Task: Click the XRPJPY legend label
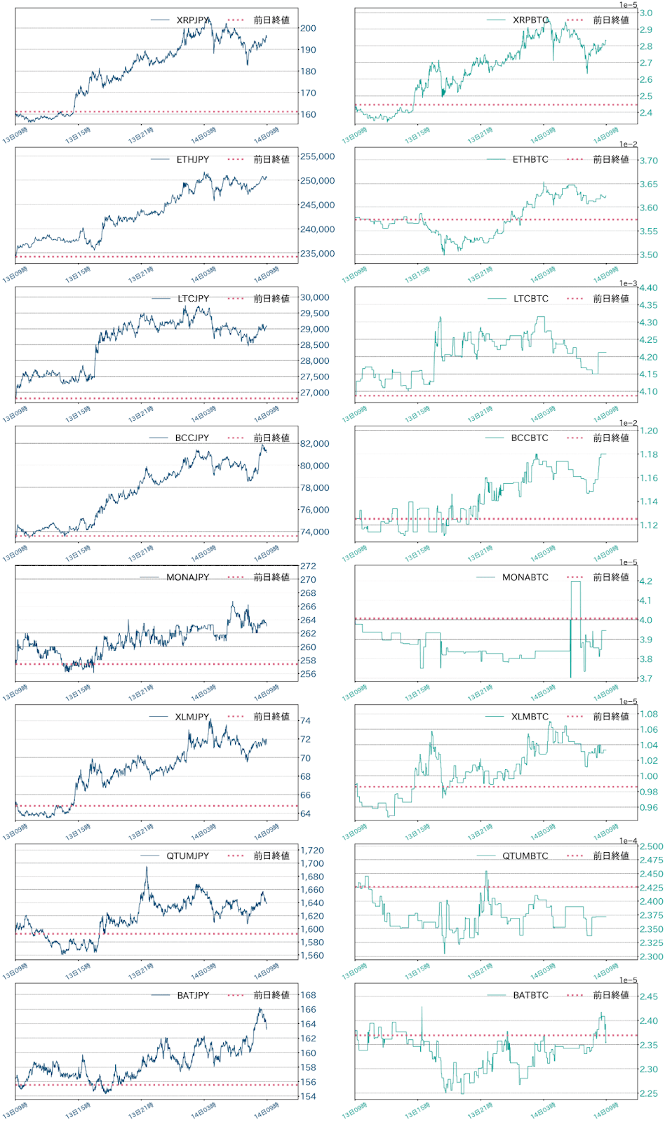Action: click(x=193, y=20)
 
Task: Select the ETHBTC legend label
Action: click(x=530, y=159)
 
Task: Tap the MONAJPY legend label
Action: click(x=187, y=577)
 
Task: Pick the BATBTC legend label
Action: click(x=530, y=995)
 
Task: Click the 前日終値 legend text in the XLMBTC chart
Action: click(x=611, y=717)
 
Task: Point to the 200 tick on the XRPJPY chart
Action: click(x=308, y=28)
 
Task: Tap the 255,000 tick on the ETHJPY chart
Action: click(x=318, y=156)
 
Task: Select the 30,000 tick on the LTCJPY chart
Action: click(x=315, y=297)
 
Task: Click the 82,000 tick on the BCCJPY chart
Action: click(x=315, y=443)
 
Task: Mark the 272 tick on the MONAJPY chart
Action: click(x=308, y=566)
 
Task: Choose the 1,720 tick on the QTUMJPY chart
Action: click(x=312, y=851)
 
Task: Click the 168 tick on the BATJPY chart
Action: click(x=308, y=995)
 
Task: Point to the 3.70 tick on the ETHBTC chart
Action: click(x=649, y=161)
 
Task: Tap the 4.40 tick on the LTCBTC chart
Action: click(x=649, y=288)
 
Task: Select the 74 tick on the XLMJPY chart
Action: click(x=305, y=720)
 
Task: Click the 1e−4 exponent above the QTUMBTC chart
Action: click(x=629, y=841)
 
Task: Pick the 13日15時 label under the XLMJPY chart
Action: click(x=78, y=832)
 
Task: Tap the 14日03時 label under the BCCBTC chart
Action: click(x=543, y=554)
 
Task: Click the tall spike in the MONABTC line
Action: click(x=575, y=583)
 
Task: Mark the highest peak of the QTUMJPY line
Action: click(x=147, y=867)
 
